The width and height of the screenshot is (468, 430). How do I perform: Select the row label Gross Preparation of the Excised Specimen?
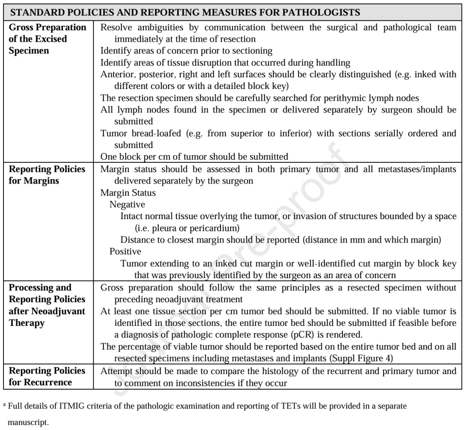click(x=47, y=39)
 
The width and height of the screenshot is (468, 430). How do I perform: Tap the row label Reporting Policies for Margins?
click(x=47, y=175)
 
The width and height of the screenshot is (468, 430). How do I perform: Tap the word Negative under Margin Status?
click(x=127, y=204)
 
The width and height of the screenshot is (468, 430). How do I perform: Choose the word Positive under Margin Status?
click(x=125, y=251)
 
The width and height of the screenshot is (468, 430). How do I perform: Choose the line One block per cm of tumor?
click(x=195, y=157)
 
